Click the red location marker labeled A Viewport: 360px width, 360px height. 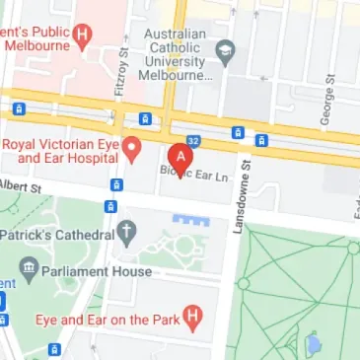pyautogui.click(x=180, y=157)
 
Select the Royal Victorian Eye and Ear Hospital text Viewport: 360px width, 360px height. pyautogui.click(x=61, y=150)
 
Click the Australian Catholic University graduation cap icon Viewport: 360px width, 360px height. pyautogui.click(x=228, y=47)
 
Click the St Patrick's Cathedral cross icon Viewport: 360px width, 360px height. pyautogui.click(x=126, y=234)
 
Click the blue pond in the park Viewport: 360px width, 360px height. pyautogui.click(x=314, y=344)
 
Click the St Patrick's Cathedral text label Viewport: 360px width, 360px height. pyautogui.click(x=56, y=235)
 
